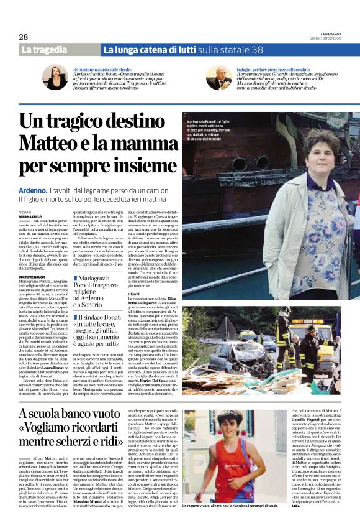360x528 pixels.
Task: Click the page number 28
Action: coord(23,37)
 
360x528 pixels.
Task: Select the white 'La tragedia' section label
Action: coord(44,49)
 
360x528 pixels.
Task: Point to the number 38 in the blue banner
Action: coord(256,49)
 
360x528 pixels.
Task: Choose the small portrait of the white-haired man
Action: coord(220,78)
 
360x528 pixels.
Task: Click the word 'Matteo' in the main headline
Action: coord(49,142)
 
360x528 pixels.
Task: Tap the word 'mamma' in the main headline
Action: coord(136,142)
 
